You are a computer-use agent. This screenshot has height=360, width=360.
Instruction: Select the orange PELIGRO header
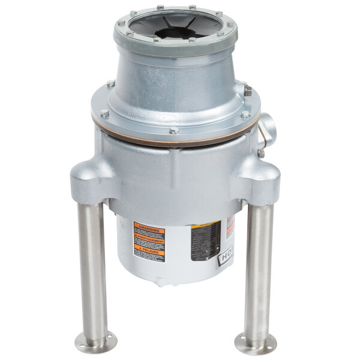coord(149,253)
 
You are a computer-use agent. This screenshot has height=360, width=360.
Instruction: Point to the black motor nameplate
coord(206,241)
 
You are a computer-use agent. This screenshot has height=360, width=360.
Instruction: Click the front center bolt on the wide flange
coord(173,130)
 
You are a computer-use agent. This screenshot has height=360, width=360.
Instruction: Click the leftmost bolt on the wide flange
coord(104,113)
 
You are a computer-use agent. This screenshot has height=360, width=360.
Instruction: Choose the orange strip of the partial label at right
coord(231,229)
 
